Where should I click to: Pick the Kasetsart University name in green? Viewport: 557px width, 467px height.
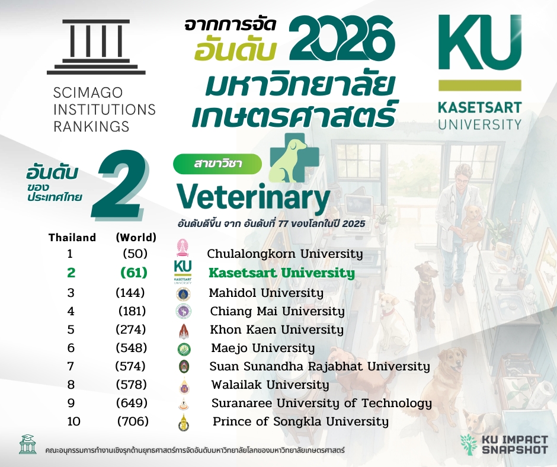[281, 273]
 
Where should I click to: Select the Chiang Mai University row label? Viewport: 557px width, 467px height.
[277, 311]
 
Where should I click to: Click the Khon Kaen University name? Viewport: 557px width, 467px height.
[277, 330]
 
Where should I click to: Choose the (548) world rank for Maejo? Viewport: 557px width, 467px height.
[132, 348]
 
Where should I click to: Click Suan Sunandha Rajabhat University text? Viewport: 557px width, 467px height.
[319, 366]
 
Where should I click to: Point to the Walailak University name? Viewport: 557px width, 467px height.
[270, 385]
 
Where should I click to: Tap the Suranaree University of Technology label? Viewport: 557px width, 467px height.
[322, 404]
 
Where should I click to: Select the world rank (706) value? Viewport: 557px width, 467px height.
[133, 422]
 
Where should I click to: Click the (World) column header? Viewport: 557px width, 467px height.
[136, 238]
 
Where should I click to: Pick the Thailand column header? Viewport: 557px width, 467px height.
[72, 238]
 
